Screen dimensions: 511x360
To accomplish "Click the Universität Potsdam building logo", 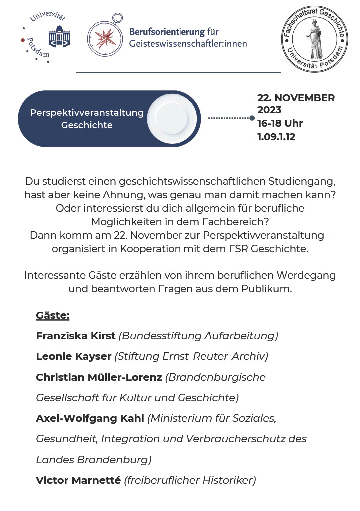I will [59, 36].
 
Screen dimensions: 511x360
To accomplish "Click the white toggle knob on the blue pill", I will [171, 118].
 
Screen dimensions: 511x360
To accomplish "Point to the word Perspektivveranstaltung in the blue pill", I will [87, 113].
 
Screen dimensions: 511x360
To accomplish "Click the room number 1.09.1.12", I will [276, 137].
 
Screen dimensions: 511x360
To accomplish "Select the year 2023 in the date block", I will [269, 110].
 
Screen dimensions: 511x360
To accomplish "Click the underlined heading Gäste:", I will [53, 315].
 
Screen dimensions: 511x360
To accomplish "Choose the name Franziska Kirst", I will [76, 336].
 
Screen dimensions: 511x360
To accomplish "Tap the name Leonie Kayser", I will [74, 356].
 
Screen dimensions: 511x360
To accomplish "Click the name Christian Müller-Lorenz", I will [99, 377].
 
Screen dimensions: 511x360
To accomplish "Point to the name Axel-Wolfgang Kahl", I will [90, 418].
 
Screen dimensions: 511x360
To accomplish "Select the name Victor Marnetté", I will [78, 480].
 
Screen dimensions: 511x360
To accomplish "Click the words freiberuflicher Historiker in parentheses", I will [190, 480].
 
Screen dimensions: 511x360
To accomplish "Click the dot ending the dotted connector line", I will [252, 118].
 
